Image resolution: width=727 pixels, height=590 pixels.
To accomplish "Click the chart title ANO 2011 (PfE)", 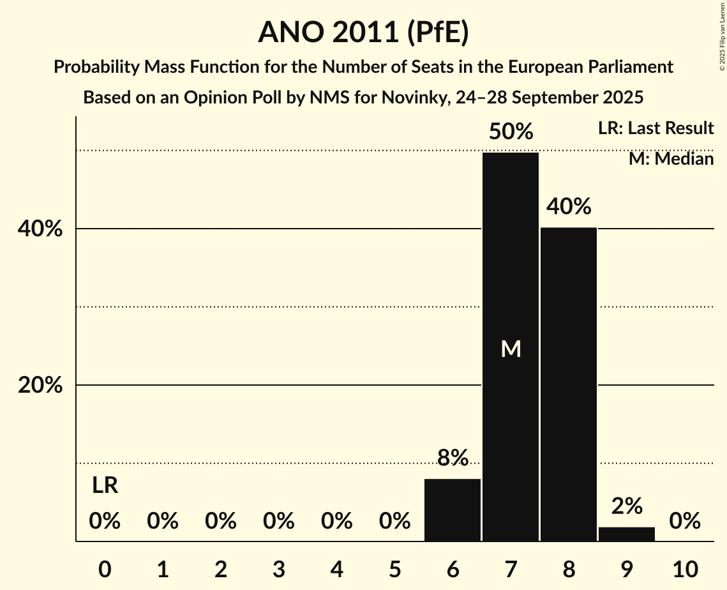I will [363, 33].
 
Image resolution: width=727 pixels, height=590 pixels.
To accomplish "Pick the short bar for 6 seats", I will [453, 510].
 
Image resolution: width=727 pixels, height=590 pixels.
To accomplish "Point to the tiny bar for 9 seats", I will [627, 534].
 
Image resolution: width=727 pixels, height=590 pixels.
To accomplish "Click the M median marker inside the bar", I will [511, 349].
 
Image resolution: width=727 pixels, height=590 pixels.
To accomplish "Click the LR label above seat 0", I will [105, 486].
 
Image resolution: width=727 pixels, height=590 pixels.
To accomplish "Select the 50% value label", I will [511, 132].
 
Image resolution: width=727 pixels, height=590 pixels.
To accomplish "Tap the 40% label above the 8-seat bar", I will [569, 207].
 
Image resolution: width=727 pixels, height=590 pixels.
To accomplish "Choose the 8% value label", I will [453, 458].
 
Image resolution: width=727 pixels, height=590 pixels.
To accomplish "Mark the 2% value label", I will [627, 506].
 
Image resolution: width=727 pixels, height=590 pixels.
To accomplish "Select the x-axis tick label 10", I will [685, 568].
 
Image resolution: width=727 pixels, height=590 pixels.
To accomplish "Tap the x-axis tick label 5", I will [394, 568].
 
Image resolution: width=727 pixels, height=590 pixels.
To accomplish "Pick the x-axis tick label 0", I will [105, 568].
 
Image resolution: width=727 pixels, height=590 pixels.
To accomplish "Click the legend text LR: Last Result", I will [656, 128].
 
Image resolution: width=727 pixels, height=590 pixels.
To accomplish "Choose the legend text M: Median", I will [671, 159].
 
